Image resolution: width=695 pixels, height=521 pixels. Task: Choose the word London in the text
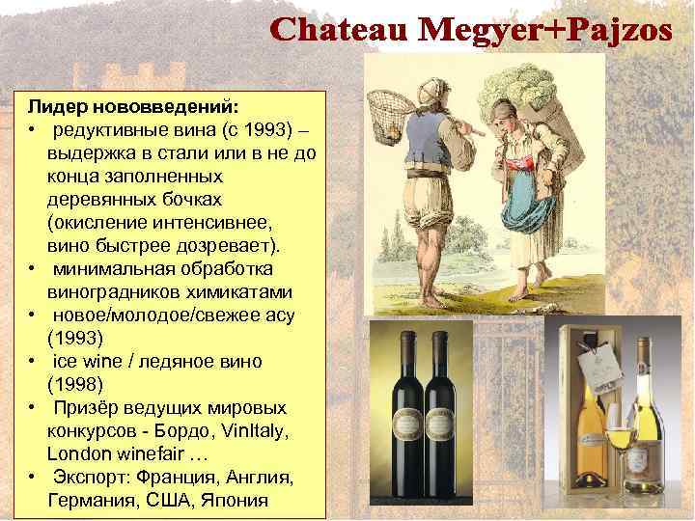point(78,452)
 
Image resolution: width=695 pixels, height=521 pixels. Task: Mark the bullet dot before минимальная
point(32,268)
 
